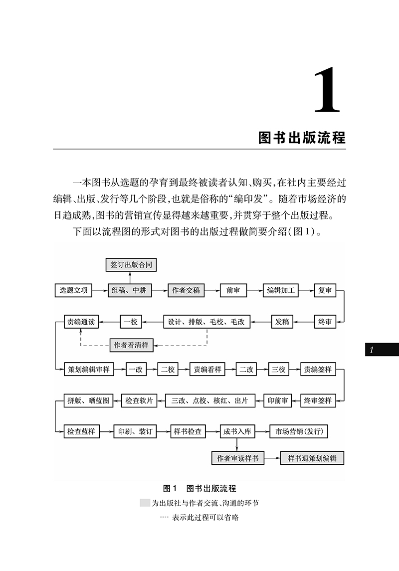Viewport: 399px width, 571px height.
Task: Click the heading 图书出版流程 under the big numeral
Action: [302, 137]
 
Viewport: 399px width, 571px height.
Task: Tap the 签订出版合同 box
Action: [131, 265]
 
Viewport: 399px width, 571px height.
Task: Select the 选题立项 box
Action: [73, 290]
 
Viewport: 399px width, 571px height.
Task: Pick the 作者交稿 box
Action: [186, 290]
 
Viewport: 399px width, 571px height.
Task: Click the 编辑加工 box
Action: [281, 290]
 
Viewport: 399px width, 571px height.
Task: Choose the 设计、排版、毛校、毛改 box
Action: [207, 322]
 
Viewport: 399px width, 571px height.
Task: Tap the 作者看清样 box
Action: [132, 345]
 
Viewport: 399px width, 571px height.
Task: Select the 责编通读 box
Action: [80, 322]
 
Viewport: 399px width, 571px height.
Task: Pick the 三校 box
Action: [278, 370]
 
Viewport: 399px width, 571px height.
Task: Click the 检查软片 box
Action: [139, 400]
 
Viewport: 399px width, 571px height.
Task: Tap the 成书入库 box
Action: [237, 431]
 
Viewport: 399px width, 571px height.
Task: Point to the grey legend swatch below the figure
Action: [145, 503]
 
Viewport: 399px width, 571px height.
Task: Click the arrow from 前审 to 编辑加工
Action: [255, 290]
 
